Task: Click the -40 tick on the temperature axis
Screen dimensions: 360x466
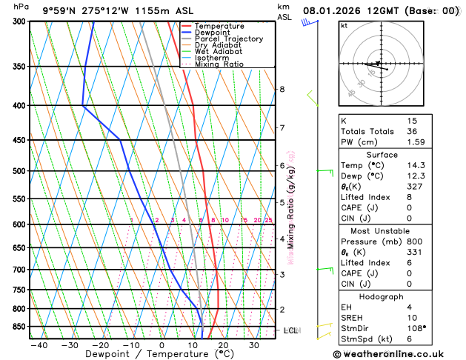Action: [x=39, y=345]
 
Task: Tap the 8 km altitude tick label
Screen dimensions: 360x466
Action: [x=282, y=90]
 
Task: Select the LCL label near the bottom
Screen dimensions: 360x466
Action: [x=290, y=330]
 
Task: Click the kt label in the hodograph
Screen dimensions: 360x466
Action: [x=344, y=25]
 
